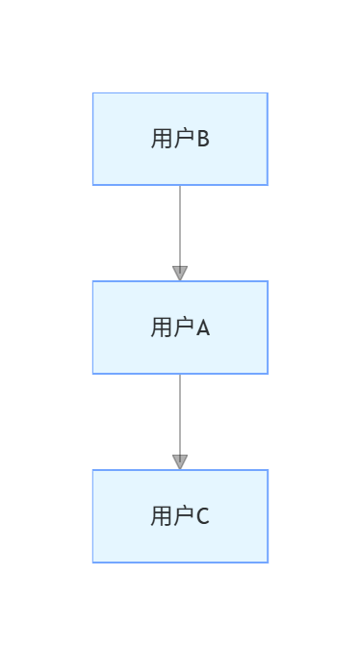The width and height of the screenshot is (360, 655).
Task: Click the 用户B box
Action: [x=180, y=139]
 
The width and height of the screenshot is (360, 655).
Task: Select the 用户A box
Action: [x=180, y=327]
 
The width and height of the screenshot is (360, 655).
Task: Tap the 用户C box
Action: [x=180, y=516]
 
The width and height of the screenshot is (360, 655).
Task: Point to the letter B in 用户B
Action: [x=203, y=139]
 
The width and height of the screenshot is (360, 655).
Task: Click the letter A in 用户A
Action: [x=203, y=327]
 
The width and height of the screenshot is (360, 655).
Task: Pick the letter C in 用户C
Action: [x=203, y=516]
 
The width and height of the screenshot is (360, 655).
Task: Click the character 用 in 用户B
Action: [x=161, y=139]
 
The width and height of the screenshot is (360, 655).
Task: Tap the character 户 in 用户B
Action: [x=183, y=139]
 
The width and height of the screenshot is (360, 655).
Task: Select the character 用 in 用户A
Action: [x=161, y=327]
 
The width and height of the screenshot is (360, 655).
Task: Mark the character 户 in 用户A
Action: [x=183, y=327]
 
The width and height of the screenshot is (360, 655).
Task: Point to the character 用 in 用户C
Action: [x=161, y=516]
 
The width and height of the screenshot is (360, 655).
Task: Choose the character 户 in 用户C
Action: [x=183, y=516]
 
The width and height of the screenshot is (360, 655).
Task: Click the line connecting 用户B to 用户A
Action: [x=180, y=224]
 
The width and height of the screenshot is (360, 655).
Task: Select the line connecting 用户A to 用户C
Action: [x=180, y=413]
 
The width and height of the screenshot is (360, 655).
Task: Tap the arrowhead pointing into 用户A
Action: [x=180, y=274]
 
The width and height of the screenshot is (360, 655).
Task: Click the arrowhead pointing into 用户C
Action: [x=180, y=462]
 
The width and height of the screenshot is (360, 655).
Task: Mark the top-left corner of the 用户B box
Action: [x=93, y=93]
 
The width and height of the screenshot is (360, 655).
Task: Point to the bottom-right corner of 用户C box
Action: [x=267, y=562]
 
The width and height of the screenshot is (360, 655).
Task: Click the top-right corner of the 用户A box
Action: [x=267, y=282]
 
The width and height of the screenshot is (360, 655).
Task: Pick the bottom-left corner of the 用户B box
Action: [x=93, y=184]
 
